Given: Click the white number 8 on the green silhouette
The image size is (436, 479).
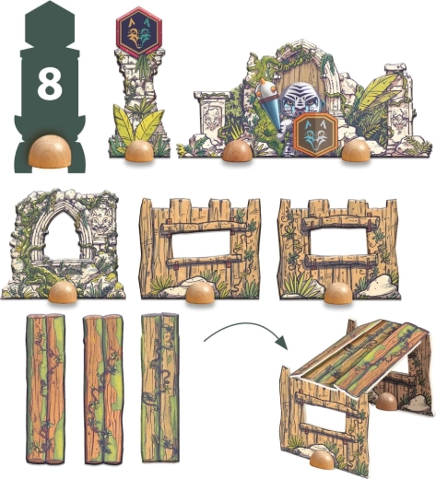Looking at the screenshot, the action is coord(49,84).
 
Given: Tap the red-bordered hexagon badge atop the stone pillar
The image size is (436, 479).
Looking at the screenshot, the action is coord(139,32).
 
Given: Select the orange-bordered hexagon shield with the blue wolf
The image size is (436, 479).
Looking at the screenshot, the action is coord(315,134).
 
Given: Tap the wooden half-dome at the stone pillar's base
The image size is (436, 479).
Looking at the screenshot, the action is coord(140,152).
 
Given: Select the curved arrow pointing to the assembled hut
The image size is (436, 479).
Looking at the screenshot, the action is coord(246,333).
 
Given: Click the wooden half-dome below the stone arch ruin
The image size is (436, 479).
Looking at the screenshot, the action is coord(63,292).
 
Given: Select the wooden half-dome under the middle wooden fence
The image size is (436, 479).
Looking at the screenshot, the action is coord(201,293).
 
